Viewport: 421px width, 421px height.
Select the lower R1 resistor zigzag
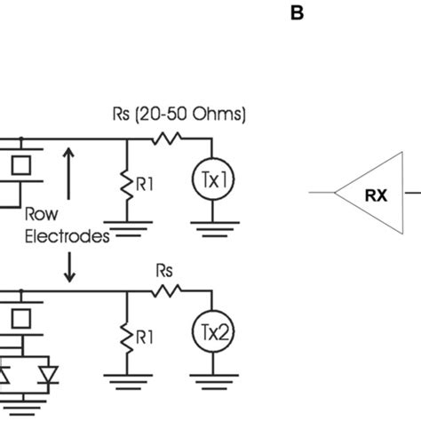pos(126,335)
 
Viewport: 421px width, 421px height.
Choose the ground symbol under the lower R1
pos(126,380)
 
